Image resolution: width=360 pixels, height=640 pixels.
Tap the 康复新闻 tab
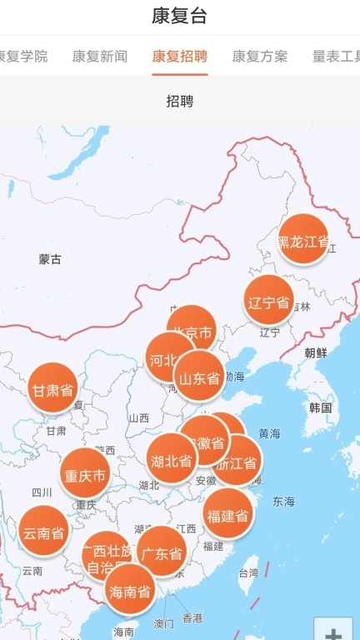[100, 57]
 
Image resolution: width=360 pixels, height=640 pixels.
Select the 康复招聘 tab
[180, 57]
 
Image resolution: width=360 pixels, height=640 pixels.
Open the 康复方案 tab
[260, 57]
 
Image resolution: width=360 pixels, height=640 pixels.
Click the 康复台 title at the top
[180, 16]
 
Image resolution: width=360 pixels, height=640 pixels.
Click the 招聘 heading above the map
[180, 102]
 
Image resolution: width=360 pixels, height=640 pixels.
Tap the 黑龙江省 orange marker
[303, 241]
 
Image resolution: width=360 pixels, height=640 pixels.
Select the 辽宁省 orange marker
[269, 302]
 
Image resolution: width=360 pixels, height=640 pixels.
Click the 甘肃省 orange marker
[53, 389]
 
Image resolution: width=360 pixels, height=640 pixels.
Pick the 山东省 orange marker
[199, 378]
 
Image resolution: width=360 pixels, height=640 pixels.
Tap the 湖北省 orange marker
[172, 460]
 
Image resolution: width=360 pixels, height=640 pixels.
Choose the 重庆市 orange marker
[85, 475]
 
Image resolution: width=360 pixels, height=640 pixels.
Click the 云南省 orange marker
[44, 532]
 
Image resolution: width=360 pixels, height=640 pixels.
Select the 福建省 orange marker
[227, 515]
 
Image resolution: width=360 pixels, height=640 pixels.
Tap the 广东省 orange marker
[162, 552]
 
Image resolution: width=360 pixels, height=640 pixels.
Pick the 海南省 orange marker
[132, 592]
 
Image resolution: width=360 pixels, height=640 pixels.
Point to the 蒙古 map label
[50, 259]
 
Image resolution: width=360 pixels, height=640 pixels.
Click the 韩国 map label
[320, 407]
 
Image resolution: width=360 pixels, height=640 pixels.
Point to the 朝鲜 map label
[316, 352]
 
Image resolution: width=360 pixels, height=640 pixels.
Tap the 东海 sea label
[283, 502]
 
